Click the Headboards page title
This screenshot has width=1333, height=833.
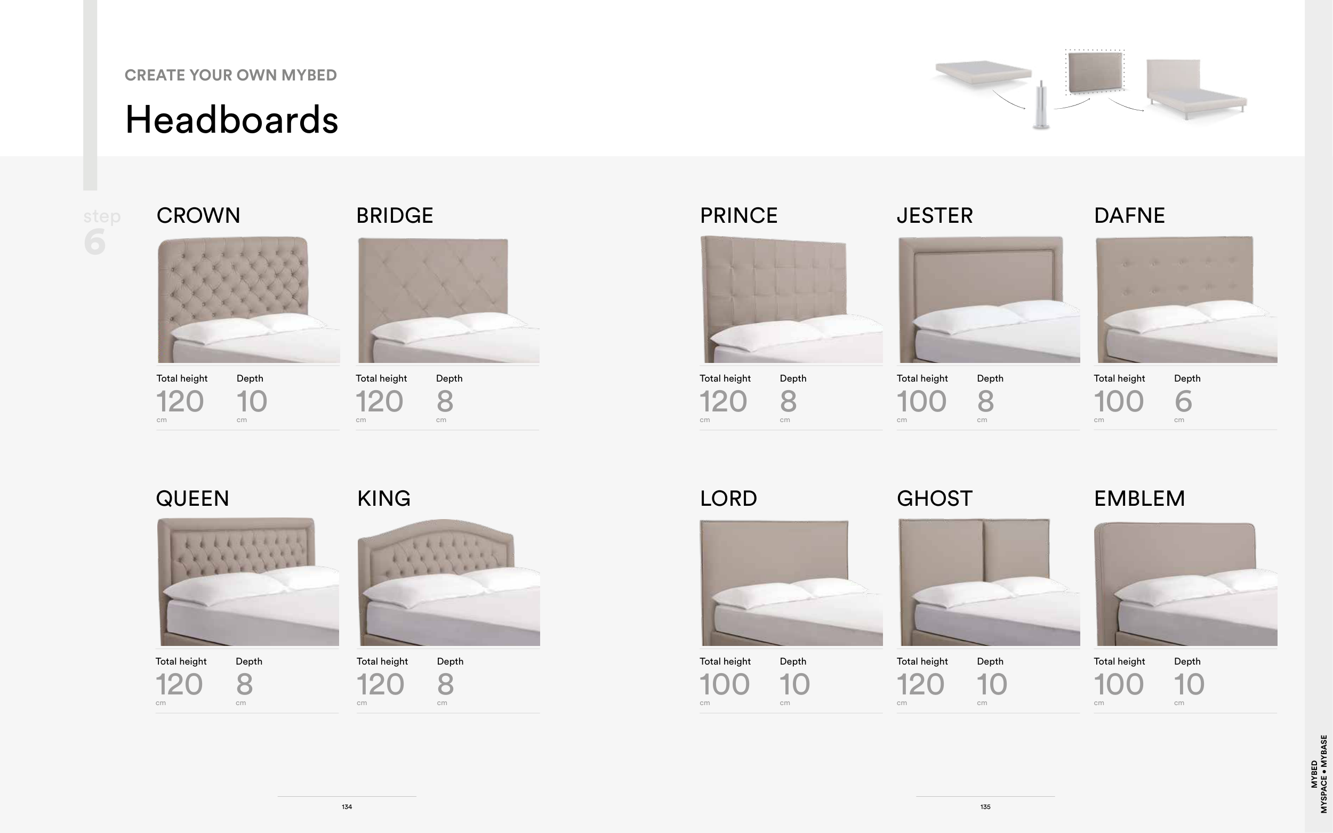[231, 119]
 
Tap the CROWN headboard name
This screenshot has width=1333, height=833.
[198, 215]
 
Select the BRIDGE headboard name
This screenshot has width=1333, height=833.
[395, 215]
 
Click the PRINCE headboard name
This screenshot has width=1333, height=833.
[738, 215]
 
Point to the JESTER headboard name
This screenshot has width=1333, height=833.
[935, 215]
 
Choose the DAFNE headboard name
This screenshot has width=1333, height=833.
[1129, 215]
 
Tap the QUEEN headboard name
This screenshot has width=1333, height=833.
[192, 499]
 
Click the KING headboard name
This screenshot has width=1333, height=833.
[383, 499]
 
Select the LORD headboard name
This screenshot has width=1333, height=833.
[728, 499]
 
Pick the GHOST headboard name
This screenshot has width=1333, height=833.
[935, 499]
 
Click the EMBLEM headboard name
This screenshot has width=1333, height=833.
[1139, 499]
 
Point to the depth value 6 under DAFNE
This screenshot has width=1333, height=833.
[1183, 401]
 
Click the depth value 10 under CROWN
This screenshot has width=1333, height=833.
[252, 401]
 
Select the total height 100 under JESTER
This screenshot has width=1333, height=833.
[921, 401]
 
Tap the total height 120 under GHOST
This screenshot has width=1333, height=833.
[920, 684]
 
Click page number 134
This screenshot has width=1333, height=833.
[347, 807]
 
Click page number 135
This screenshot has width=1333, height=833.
[985, 807]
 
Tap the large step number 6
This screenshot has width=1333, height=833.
[95, 241]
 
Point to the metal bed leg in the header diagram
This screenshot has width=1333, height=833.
[1040, 105]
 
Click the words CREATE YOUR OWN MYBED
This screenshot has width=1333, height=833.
[230, 75]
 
